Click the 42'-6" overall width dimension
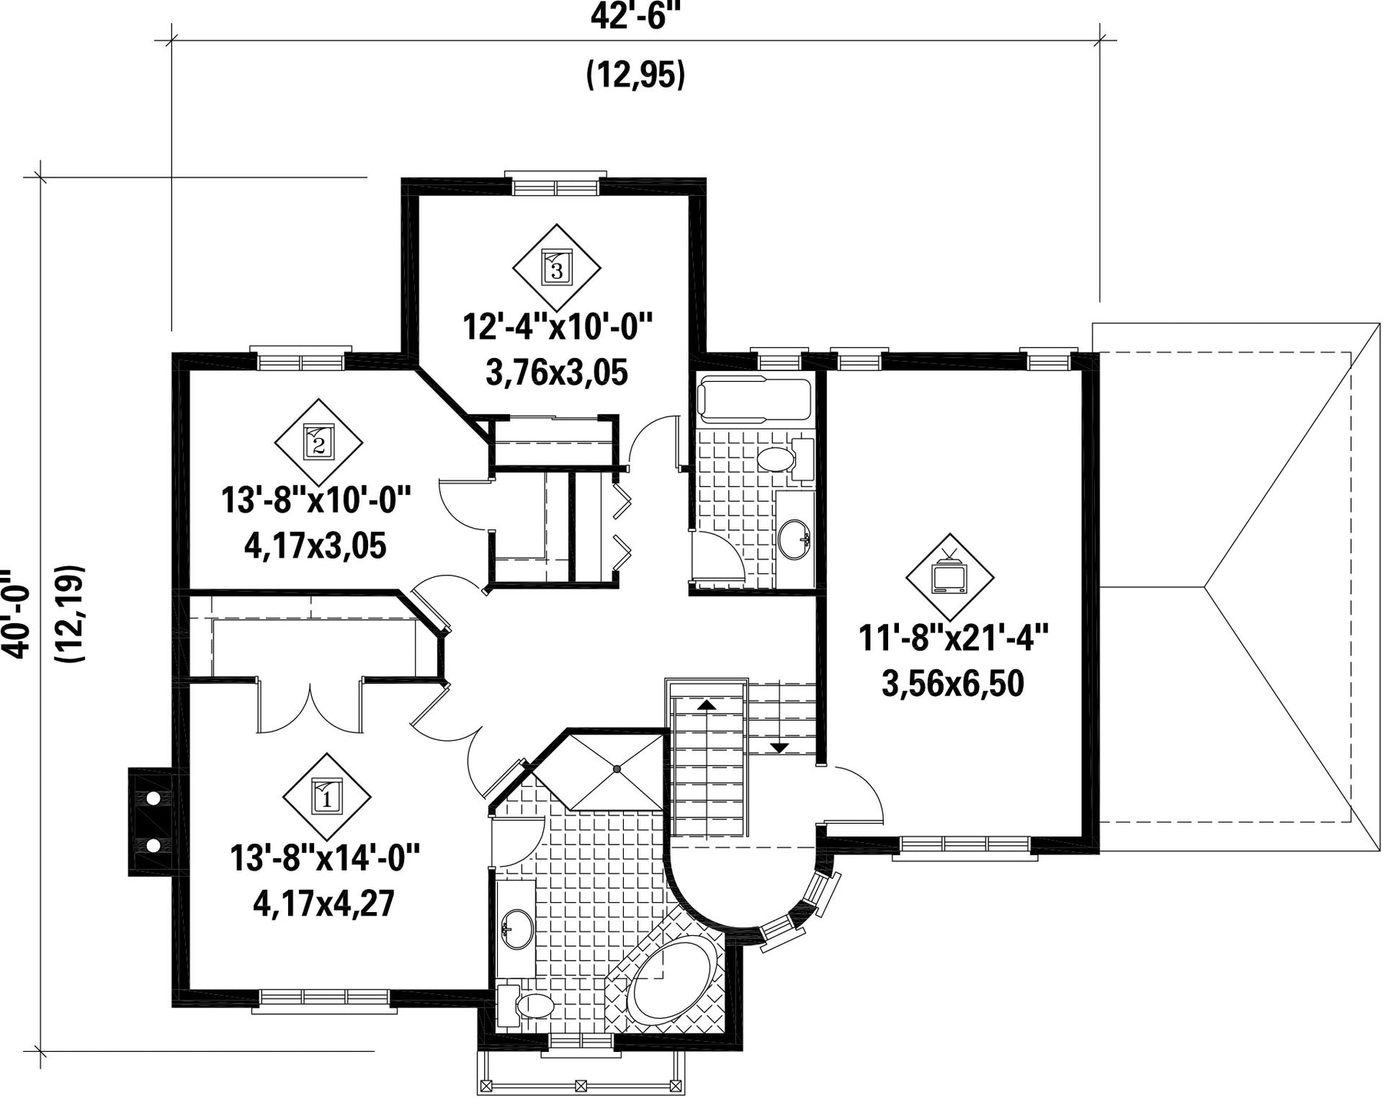coord(636,16)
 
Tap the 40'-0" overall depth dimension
coord(15,614)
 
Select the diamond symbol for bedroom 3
coord(556,267)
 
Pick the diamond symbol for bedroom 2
coord(318,442)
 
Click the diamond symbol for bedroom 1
coord(327,796)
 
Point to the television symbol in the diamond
coord(949,574)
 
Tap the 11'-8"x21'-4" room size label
coord(953,639)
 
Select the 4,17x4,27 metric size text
coord(323,904)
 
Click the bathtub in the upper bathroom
coord(755,400)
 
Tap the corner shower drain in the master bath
coord(616,768)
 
